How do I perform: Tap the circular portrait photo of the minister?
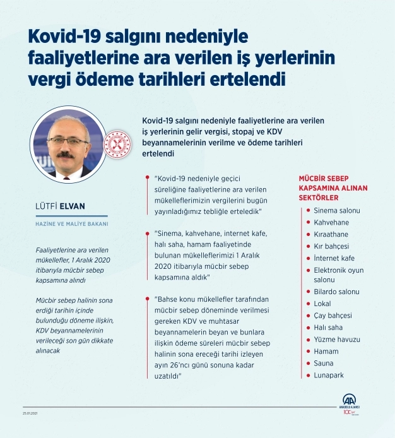tap(68, 146)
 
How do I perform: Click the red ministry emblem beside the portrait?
tap(116, 145)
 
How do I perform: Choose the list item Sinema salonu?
tap(337, 210)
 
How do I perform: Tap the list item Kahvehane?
tap(331, 222)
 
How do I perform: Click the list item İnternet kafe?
tap(334, 258)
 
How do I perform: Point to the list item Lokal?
tap(323, 304)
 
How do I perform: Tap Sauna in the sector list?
tap(324, 364)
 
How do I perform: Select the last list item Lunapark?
tap(328, 376)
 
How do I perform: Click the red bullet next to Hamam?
tap(308, 352)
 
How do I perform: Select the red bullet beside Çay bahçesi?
tap(308, 316)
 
